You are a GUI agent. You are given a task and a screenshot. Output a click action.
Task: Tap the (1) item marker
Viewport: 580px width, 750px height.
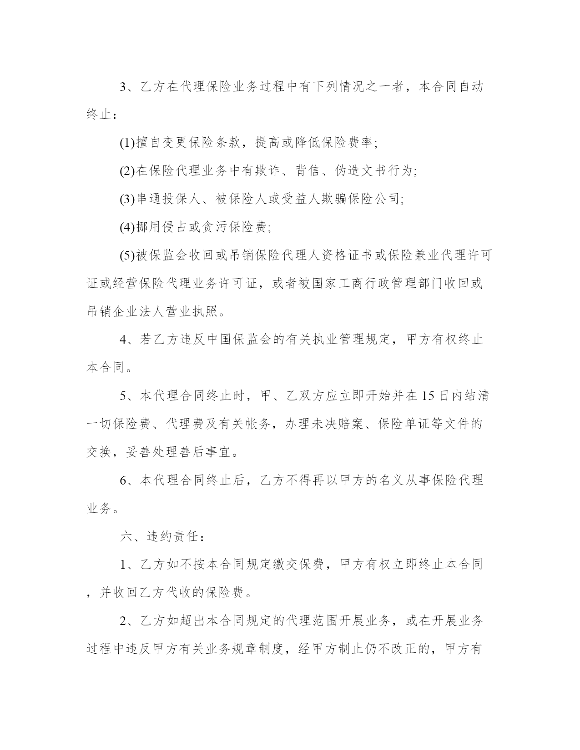pyautogui.click(x=127, y=143)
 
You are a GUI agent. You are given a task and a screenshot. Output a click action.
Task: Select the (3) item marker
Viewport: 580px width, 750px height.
pyautogui.click(x=127, y=199)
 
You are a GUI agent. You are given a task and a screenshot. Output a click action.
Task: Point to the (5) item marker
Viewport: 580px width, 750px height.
pyautogui.click(x=127, y=255)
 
